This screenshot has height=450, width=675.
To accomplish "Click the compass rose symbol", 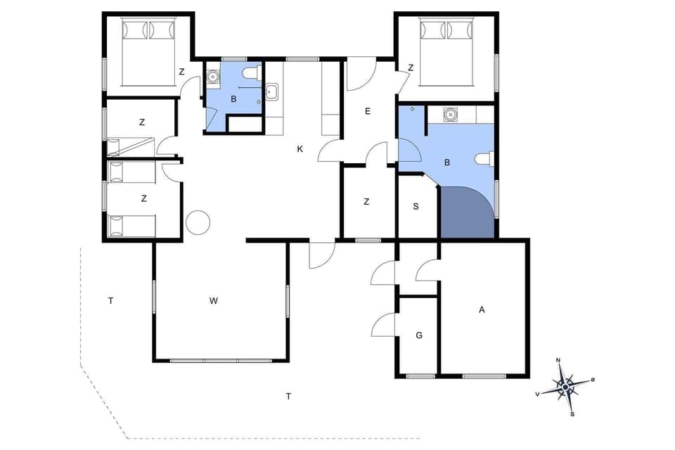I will click(x=565, y=385).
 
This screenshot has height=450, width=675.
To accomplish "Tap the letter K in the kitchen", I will click(x=300, y=149).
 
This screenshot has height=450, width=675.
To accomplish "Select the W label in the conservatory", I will click(x=214, y=301).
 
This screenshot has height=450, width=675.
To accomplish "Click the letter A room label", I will click(x=482, y=309).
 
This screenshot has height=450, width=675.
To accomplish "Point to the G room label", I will click(x=419, y=335).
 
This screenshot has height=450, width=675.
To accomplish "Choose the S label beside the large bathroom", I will click(x=416, y=206).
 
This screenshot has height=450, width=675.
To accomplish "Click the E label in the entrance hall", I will click(x=367, y=112).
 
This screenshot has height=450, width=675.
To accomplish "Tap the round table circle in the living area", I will click(x=198, y=223).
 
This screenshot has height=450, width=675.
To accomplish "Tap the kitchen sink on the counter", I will click(x=272, y=92).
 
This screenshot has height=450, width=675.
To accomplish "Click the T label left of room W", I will click(x=110, y=301).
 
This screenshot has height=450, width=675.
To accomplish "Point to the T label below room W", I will click(x=288, y=397).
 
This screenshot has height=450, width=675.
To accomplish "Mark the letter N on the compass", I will click(x=558, y=360).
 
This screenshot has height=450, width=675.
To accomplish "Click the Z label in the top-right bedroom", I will click(x=410, y=68).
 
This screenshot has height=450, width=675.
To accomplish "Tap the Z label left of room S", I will click(x=366, y=202).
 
